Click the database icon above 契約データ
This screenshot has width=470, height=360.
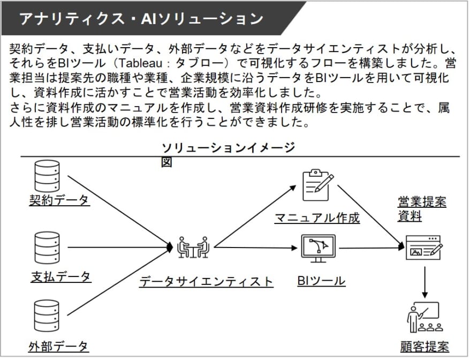[x=47, y=176]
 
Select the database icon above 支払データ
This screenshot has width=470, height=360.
[x=47, y=247]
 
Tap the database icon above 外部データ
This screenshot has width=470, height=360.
[x=47, y=316]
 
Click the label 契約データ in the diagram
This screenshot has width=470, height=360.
[x=59, y=200]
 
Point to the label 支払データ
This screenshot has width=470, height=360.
[x=61, y=276]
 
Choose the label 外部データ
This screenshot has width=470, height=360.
[x=58, y=347]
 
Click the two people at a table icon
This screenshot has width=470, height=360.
[x=193, y=247]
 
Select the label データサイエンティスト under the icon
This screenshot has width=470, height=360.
[x=206, y=281]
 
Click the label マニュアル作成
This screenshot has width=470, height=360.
[x=317, y=218]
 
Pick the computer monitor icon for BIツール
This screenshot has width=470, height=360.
[x=318, y=249]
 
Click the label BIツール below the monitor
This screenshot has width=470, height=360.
[x=321, y=281]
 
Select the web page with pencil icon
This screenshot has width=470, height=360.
[x=424, y=247]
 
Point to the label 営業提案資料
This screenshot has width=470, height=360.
[x=422, y=209]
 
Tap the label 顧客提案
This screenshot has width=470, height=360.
[x=424, y=347]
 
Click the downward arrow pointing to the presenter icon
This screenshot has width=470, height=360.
[x=424, y=282]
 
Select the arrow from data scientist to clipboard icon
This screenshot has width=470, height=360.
[x=255, y=216]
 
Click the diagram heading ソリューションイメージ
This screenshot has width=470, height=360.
[x=229, y=148]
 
